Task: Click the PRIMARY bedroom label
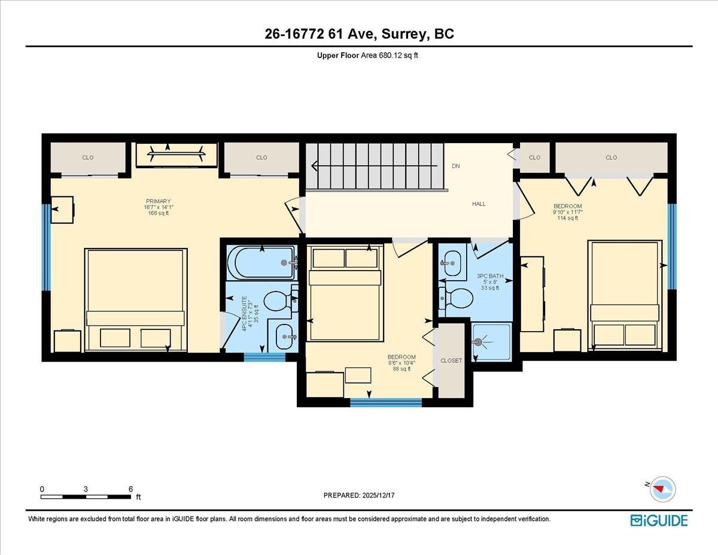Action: click(x=158, y=202)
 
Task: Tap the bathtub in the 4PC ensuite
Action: click(x=261, y=262)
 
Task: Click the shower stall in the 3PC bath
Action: click(x=491, y=342)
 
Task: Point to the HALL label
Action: click(x=479, y=204)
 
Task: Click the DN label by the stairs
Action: click(x=456, y=166)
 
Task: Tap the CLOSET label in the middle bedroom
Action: click(x=451, y=361)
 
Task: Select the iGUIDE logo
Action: click(x=659, y=520)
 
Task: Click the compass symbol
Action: click(x=662, y=488)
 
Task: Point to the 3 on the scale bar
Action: click(x=86, y=489)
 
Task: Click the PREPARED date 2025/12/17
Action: click(x=359, y=496)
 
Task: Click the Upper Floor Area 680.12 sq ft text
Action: click(x=359, y=55)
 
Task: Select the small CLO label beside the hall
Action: click(x=534, y=158)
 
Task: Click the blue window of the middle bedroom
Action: click(x=385, y=402)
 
